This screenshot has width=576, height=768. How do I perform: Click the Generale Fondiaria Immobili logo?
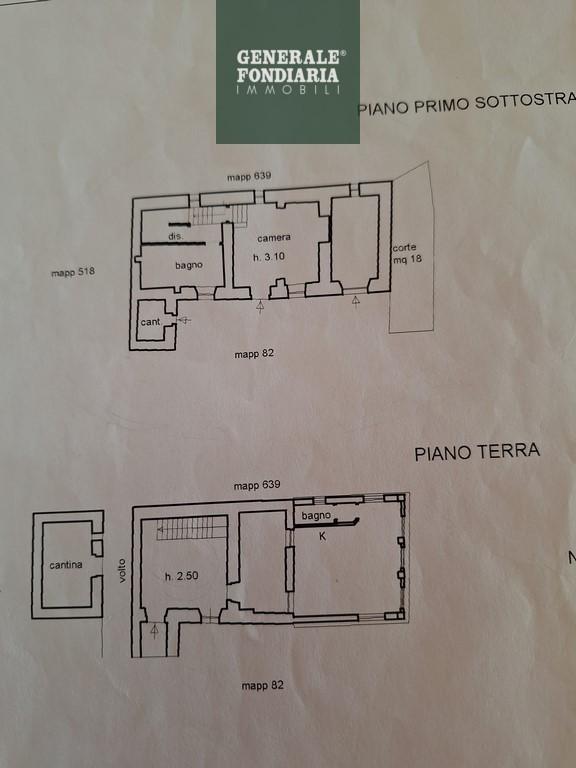click(x=288, y=72)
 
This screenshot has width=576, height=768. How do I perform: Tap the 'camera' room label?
click(x=274, y=238)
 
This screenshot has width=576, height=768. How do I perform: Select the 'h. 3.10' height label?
click(x=269, y=256)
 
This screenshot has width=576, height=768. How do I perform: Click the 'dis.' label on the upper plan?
click(x=176, y=236)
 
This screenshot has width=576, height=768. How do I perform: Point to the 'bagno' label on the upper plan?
click(x=189, y=265)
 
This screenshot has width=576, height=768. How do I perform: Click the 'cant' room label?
click(x=150, y=322)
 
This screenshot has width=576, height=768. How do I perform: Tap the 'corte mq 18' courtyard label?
click(x=407, y=253)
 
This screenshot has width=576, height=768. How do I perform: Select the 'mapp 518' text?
click(x=73, y=272)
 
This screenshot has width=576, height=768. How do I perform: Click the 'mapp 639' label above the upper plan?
click(x=249, y=176)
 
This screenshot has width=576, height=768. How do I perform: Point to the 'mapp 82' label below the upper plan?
click(x=254, y=354)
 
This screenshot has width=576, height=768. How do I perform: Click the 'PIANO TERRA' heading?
click(x=477, y=452)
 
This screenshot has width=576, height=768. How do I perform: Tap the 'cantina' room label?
click(x=66, y=565)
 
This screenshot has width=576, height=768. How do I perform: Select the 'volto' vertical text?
click(x=122, y=571)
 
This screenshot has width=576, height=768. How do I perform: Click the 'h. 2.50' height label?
click(x=182, y=576)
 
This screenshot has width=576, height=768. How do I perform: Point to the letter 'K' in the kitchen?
click(x=322, y=536)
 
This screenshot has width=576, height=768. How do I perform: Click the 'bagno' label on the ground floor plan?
click(x=316, y=516)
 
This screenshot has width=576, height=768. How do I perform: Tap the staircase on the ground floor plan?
click(x=192, y=529)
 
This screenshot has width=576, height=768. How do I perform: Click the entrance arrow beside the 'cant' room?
click(x=184, y=320)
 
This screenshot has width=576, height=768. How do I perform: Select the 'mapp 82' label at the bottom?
click(x=262, y=686)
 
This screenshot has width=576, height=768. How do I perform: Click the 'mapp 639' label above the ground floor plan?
click(x=257, y=485)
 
